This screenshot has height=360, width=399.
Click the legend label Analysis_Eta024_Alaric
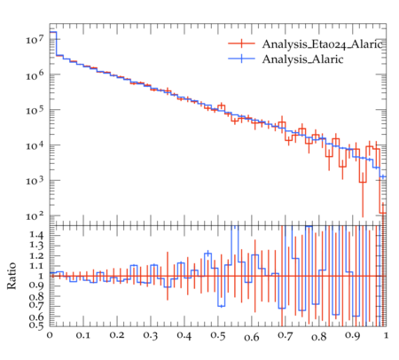323,44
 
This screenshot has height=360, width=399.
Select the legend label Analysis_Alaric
302,59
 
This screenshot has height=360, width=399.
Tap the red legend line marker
241,43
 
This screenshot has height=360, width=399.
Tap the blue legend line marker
241,59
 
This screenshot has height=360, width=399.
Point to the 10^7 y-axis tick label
35,39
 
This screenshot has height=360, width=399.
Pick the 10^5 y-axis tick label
35,110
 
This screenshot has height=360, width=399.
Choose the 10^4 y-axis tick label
35,145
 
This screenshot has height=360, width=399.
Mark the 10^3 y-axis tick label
35,181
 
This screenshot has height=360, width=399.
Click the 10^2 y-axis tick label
35,216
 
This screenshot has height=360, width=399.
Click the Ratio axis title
12,276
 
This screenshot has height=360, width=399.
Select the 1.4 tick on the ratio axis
36,236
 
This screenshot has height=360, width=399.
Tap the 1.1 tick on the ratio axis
36,266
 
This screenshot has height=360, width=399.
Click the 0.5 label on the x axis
218,336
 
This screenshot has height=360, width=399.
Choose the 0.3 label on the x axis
151,336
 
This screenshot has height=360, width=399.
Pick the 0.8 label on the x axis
319,336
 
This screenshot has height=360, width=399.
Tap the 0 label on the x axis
50,335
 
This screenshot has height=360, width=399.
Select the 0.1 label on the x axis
83,335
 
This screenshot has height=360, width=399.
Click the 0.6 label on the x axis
252,337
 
